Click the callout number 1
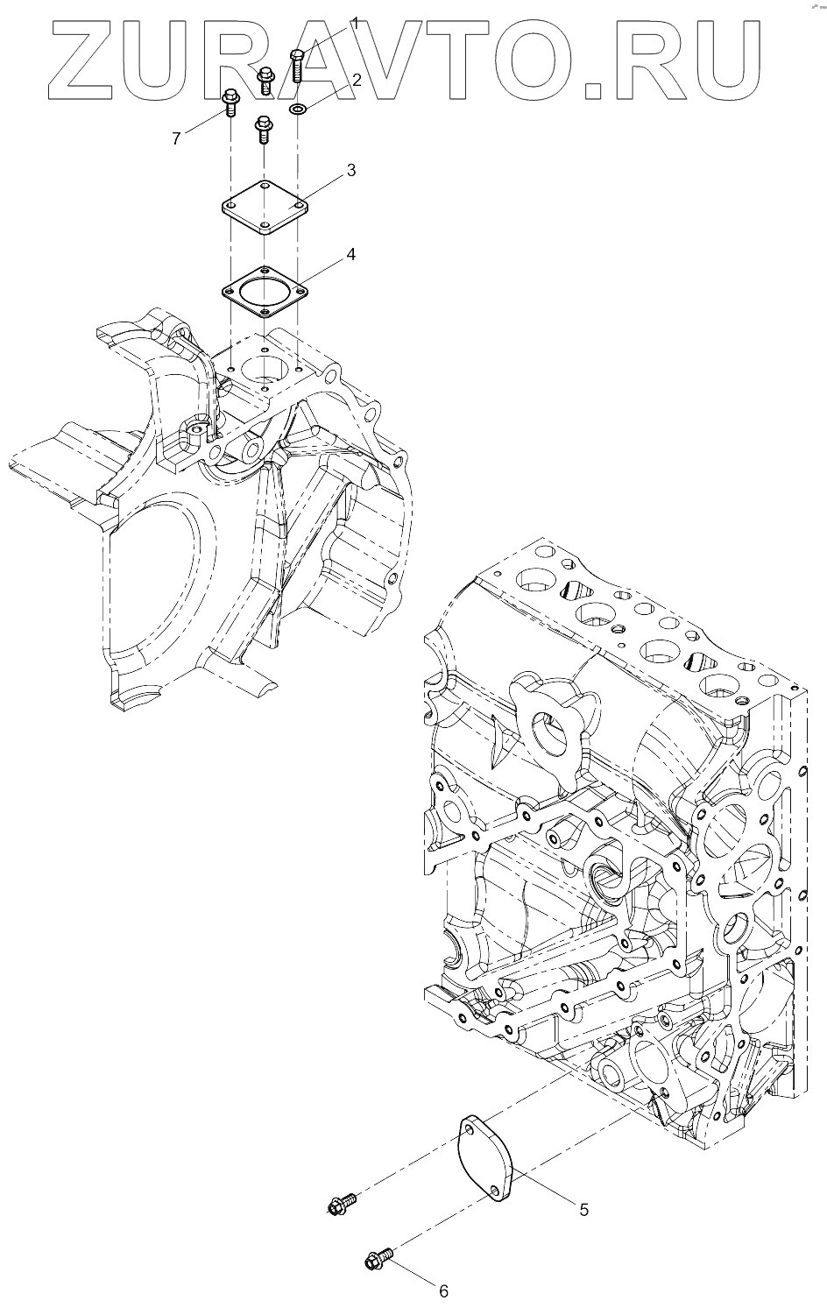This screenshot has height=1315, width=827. (x=357, y=24)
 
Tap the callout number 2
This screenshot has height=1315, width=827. (x=357, y=81)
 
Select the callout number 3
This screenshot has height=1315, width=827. (x=350, y=170)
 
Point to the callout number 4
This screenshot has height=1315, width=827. (x=350, y=255)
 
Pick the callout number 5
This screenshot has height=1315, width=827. (x=583, y=1209)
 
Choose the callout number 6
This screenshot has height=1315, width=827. (x=443, y=1290)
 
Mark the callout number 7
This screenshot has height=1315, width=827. (x=176, y=138)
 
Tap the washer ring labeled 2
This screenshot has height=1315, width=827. (x=297, y=110)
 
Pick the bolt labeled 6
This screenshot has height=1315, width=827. (x=378, y=1260)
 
